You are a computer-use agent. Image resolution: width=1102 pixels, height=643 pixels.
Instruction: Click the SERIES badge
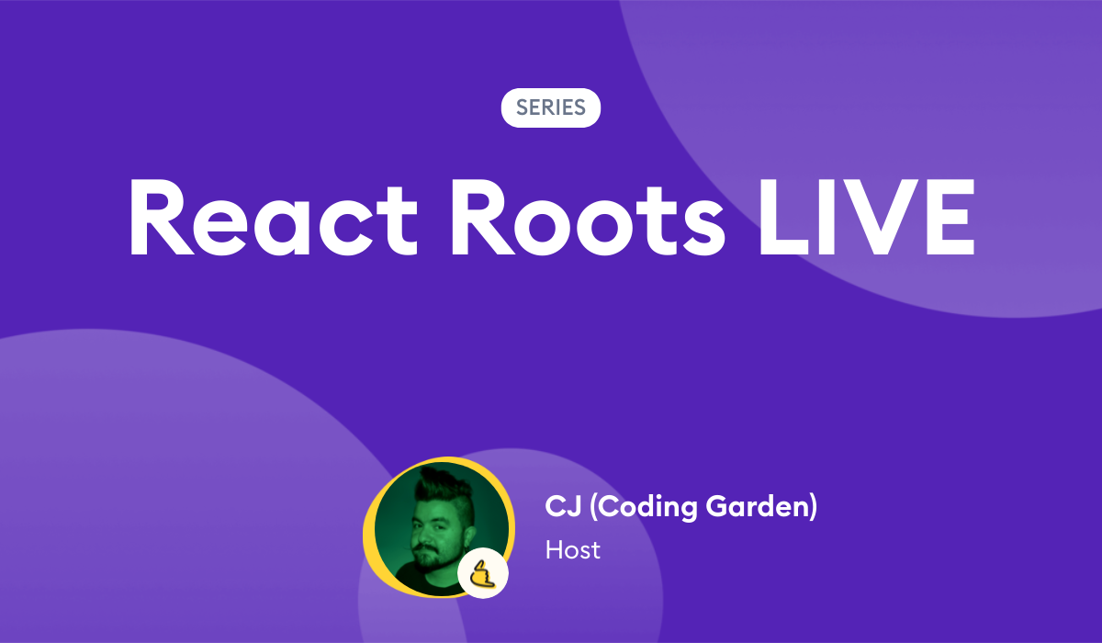click(550, 107)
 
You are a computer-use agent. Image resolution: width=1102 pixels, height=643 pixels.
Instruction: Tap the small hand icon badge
click(483, 575)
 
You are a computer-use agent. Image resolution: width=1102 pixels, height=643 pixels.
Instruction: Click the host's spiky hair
click(442, 483)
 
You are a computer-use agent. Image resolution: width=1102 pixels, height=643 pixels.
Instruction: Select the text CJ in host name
click(559, 506)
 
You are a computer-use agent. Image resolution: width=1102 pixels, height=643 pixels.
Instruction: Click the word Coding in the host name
click(634, 506)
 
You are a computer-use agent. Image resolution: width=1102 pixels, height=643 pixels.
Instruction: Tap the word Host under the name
click(572, 549)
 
